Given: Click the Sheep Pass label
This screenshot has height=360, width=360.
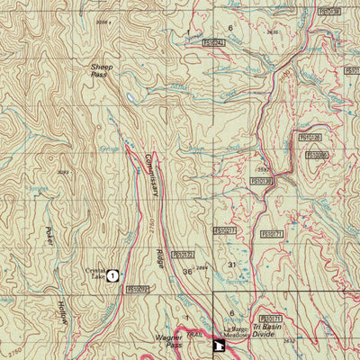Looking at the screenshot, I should coord(102,71).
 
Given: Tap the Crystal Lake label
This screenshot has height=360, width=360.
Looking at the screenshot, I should coord(95,274).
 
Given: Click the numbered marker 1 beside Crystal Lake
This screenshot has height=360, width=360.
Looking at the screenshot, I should coord(112,276).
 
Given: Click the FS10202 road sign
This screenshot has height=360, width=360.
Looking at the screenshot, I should coord(138,289).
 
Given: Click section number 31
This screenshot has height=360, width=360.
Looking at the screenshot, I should coord(231,265).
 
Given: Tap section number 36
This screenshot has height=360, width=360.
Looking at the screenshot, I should coord(187,271).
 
